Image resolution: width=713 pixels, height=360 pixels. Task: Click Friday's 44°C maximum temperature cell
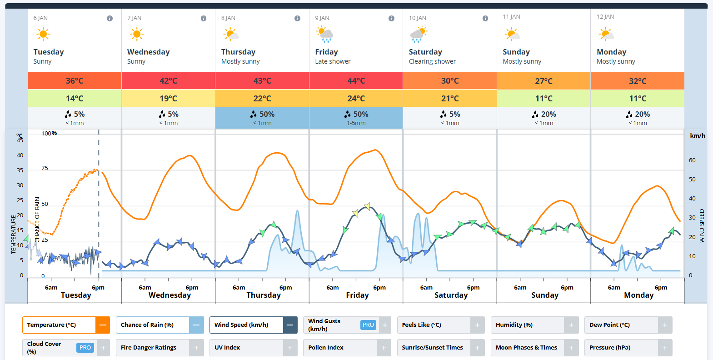point(356,81)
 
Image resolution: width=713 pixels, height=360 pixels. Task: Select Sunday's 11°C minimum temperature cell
point(543,99)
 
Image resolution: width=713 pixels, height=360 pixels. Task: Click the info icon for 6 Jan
point(110,18)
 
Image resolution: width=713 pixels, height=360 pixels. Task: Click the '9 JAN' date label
point(322,18)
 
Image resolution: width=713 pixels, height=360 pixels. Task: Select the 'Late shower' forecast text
point(333,61)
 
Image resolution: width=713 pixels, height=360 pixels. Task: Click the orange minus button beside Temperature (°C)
point(103,325)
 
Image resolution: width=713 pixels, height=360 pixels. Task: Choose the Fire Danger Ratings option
point(149,348)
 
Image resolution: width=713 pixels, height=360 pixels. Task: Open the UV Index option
point(227,348)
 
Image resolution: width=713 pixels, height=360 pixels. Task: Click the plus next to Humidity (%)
point(571,325)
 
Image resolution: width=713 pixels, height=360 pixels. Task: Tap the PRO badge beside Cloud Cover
point(85,348)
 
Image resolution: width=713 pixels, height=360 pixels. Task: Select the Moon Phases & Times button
point(526,348)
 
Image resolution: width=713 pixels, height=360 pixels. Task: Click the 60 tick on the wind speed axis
point(692,160)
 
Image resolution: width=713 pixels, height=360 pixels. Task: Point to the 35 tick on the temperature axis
point(20,170)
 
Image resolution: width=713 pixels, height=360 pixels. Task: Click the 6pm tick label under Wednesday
point(192,288)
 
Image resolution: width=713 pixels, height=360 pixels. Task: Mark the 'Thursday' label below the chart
point(264,295)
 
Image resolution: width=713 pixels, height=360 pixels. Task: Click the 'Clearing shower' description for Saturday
point(432,61)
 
